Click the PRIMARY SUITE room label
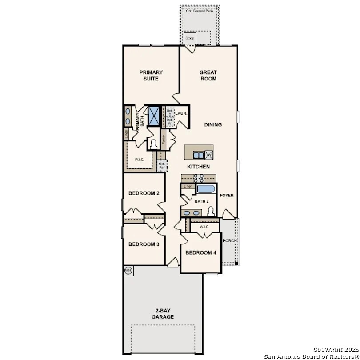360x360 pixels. (x=151, y=76)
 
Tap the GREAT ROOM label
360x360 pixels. (x=208, y=76)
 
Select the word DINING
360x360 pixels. (x=213, y=125)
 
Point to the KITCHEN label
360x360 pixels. (x=198, y=167)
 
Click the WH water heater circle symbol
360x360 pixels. (x=128, y=270)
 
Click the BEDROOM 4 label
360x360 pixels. (x=200, y=252)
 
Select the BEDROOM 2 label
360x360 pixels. (x=141, y=193)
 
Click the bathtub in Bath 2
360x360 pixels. (x=206, y=189)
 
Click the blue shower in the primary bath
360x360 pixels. (x=154, y=116)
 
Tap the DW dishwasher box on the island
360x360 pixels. (x=208, y=155)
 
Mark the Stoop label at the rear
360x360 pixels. (x=190, y=38)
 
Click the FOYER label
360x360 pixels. (x=227, y=195)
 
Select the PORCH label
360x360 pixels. (x=230, y=241)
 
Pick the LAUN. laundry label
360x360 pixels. (x=181, y=113)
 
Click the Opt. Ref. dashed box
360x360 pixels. (x=162, y=166)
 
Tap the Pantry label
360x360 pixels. (x=164, y=140)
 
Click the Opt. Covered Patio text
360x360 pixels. (x=200, y=10)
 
